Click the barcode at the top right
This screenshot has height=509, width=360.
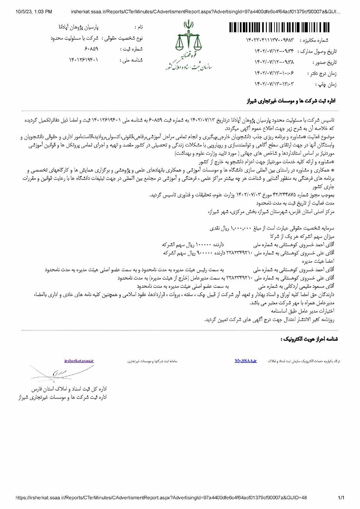point(283,27)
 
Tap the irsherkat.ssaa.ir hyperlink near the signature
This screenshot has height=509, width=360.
point(79,361)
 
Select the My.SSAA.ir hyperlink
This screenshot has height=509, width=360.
point(246,361)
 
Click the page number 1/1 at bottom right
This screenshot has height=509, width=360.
point(341,498)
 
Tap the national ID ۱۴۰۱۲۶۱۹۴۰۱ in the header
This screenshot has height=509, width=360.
point(84,60)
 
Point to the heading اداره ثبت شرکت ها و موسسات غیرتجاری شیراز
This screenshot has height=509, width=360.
point(291,101)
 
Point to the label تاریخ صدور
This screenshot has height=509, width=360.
point(325,62)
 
